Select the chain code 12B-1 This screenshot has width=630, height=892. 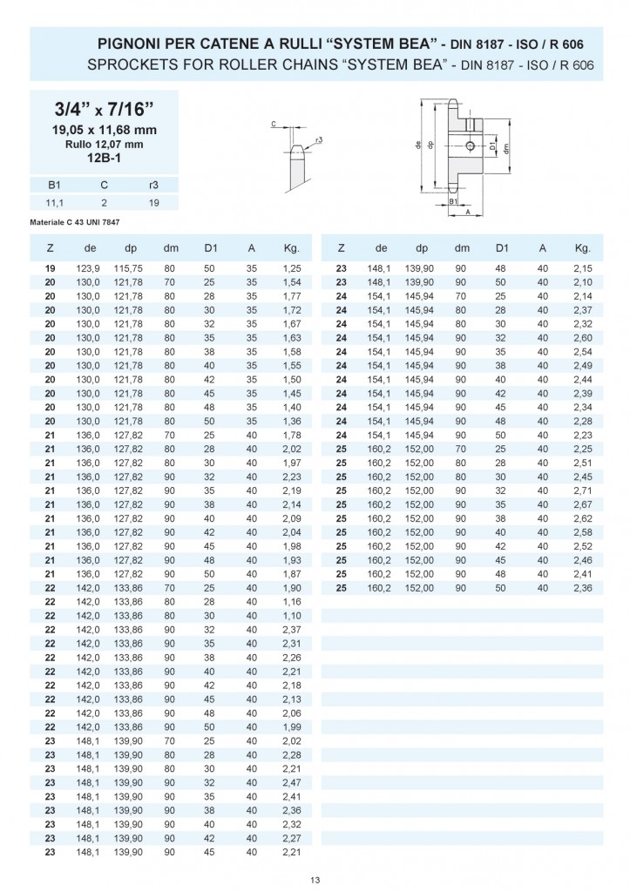(104, 158)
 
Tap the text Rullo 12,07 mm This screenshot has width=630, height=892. (104, 144)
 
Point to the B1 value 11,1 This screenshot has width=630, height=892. (55, 202)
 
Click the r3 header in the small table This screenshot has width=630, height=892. (153, 185)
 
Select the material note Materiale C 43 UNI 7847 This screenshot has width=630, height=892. (75, 222)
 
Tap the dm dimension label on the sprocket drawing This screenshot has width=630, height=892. (506, 148)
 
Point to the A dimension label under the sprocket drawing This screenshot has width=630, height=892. (467, 212)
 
